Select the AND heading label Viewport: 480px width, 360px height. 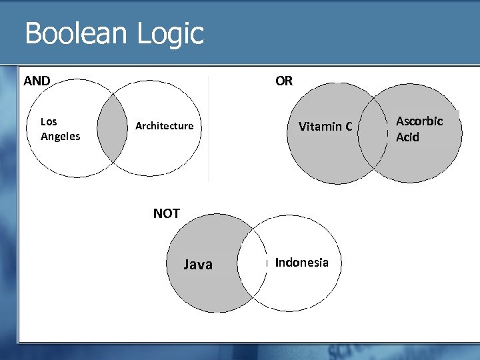(37, 81)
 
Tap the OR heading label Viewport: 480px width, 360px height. (283, 81)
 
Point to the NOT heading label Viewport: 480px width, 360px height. (166, 213)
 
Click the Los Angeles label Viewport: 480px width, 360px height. (60, 129)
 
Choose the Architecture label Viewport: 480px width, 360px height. (164, 126)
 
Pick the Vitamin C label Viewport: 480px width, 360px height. (325, 126)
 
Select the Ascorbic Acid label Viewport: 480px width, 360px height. (419, 129)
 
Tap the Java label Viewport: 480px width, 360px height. (198, 265)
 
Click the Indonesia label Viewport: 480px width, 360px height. (301, 263)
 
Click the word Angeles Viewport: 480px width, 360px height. (60, 137)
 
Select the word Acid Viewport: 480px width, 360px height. (407, 137)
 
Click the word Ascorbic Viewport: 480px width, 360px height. (419, 121)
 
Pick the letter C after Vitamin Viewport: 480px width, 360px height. (348, 126)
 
